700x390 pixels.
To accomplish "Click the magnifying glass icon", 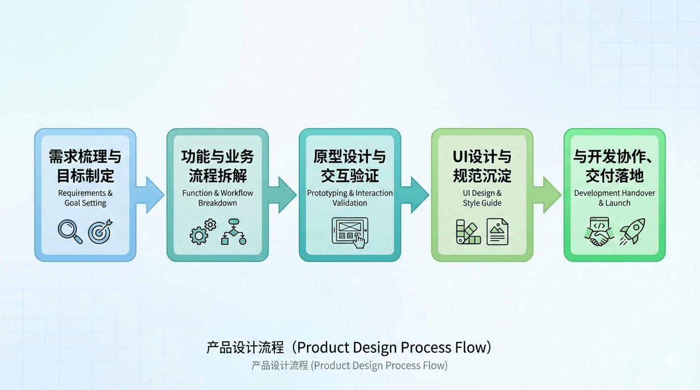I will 70,232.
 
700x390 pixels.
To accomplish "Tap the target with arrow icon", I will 100,232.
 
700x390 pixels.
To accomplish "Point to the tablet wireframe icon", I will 350,233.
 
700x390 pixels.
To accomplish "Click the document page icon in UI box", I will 497,232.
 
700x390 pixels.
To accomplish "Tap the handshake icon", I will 599,232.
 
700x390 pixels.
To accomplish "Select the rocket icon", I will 632,232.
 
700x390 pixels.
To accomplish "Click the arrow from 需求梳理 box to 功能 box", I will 151,195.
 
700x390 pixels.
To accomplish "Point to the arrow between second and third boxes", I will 283,195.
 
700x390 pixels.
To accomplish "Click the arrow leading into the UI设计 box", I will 416,195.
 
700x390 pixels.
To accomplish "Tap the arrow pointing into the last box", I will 548,195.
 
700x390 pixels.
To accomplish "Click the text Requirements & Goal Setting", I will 85,198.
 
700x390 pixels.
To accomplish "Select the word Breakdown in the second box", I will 218,203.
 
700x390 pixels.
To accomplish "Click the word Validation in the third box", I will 350,203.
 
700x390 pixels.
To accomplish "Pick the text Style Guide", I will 482,203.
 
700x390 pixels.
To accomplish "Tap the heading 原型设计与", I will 349,157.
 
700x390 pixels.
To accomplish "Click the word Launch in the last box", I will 618,203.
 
